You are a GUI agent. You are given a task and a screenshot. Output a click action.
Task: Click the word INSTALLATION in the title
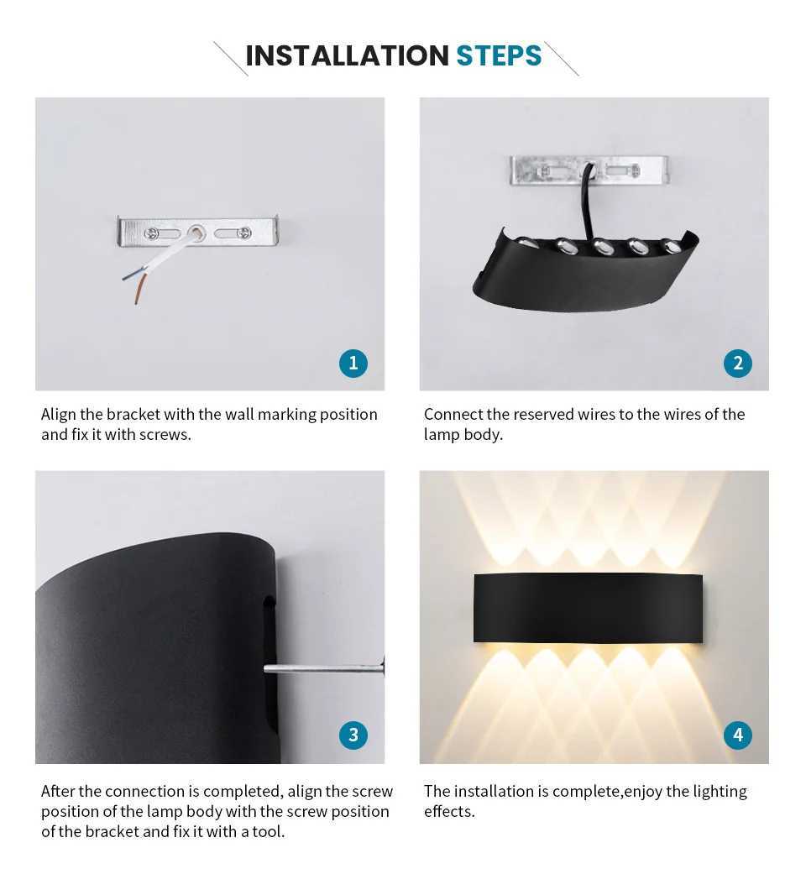pyautogui.click(x=347, y=55)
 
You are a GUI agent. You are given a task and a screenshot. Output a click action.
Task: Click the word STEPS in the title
pyautogui.click(x=499, y=55)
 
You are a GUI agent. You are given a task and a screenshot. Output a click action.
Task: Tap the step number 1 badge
pyautogui.click(x=353, y=363)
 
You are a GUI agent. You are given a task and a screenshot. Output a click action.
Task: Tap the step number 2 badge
pyautogui.click(x=737, y=363)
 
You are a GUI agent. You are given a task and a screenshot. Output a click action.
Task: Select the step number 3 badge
pyautogui.click(x=353, y=735)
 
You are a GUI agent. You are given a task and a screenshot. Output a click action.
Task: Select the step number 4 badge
pyautogui.click(x=737, y=735)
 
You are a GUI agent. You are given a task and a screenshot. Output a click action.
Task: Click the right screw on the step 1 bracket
pyautogui.click(x=243, y=233)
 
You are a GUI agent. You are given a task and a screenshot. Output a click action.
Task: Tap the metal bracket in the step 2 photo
pyautogui.click(x=537, y=170)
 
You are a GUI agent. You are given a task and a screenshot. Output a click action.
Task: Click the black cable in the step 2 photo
pyautogui.click(x=582, y=202)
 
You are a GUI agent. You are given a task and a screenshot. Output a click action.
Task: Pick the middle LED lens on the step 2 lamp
pyautogui.click(x=601, y=247)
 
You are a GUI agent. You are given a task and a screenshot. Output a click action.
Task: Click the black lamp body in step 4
pyautogui.click(x=587, y=607)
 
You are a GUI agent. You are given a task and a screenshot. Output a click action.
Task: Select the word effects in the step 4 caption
pyautogui.click(x=449, y=812)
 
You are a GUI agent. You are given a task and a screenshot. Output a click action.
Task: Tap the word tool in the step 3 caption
pyautogui.click(x=267, y=832)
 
